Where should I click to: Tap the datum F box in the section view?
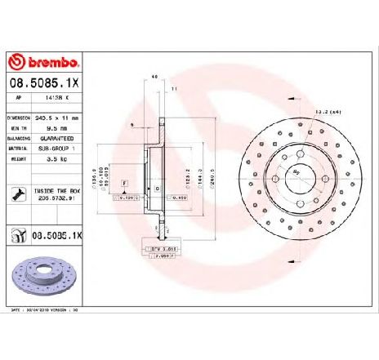(x=123, y=186)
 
